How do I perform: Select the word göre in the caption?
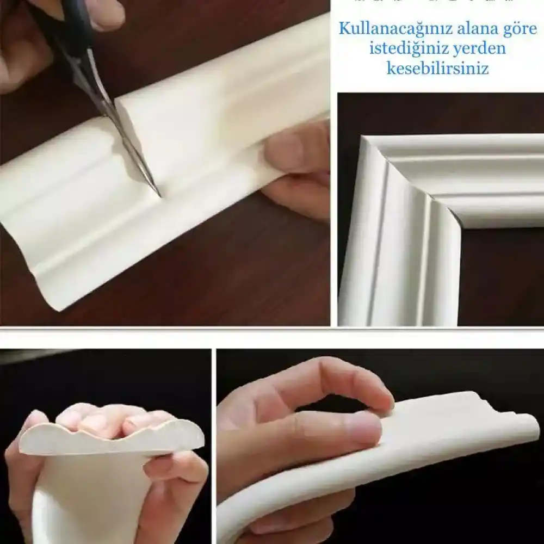tap(518, 28)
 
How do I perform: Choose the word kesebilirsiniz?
tap(437, 69)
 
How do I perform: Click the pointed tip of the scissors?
tap(158, 195)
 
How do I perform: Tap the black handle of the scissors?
tap(65, 27)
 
